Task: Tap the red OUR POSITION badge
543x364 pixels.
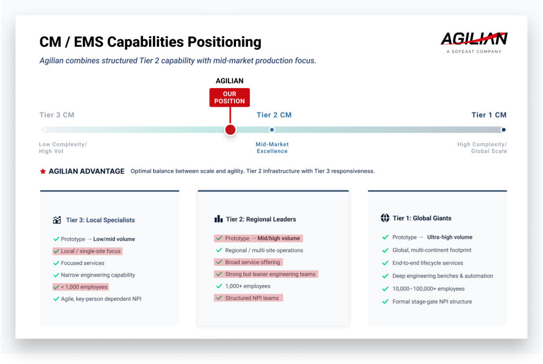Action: pyautogui.click(x=230, y=98)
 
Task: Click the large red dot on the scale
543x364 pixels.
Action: pyautogui.click(x=230, y=130)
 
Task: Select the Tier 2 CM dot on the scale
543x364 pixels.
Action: pyautogui.click(x=272, y=129)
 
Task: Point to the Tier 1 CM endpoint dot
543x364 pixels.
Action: pyautogui.click(x=503, y=129)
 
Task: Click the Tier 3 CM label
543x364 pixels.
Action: pyautogui.click(x=57, y=115)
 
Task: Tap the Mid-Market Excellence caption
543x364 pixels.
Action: pyautogui.click(x=272, y=148)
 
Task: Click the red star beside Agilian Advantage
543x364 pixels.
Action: pyautogui.click(x=43, y=171)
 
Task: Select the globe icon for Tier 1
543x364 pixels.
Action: pyautogui.click(x=385, y=218)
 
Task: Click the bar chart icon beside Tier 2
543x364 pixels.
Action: pyautogui.click(x=218, y=219)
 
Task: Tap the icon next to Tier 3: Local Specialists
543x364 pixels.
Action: pyautogui.click(x=57, y=220)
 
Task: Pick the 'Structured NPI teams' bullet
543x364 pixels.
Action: pyautogui.click(x=252, y=298)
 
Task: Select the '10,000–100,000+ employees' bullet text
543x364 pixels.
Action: pyautogui.click(x=428, y=289)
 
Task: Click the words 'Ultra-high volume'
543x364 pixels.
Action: pyautogui.click(x=450, y=237)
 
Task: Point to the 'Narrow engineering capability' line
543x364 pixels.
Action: pyautogui.click(x=98, y=275)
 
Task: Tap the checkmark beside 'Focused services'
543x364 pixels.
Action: pyautogui.click(x=56, y=263)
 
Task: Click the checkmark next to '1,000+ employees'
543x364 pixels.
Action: pyautogui.click(x=218, y=286)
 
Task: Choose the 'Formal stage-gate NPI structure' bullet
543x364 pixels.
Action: pyautogui.click(x=432, y=301)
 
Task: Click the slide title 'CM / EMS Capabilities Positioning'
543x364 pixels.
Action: pyautogui.click(x=151, y=42)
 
